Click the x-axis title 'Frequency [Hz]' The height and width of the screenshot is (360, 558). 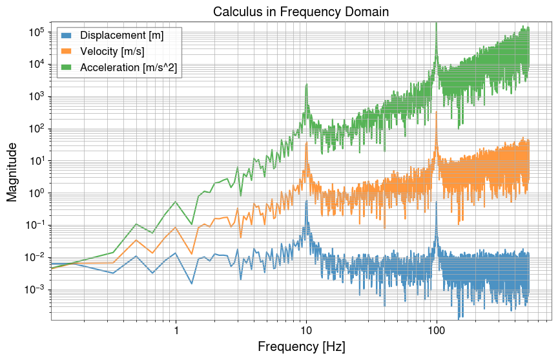pyautogui.click(x=301, y=347)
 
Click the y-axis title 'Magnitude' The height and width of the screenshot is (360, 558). pyautogui.click(x=12, y=171)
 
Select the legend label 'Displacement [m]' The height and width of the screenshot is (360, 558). pyautogui.click(x=121, y=36)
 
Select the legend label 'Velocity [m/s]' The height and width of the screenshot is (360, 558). pyautogui.click(x=113, y=51)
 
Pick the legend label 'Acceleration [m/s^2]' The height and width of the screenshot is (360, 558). pyautogui.click(x=127, y=67)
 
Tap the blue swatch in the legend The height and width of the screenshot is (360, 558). pyautogui.click(x=68, y=36)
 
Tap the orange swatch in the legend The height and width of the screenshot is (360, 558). pyautogui.click(x=68, y=51)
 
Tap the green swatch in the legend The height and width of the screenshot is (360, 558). pyautogui.click(x=68, y=67)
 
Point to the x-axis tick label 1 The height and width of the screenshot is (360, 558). pyautogui.click(x=176, y=331)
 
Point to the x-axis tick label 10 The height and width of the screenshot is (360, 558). pyautogui.click(x=306, y=331)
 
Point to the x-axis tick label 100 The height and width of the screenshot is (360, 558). pyautogui.click(x=437, y=331)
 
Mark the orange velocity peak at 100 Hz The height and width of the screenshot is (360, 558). pyautogui.click(x=437, y=114)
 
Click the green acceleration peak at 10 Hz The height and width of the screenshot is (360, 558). pyautogui.click(x=306, y=85)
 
